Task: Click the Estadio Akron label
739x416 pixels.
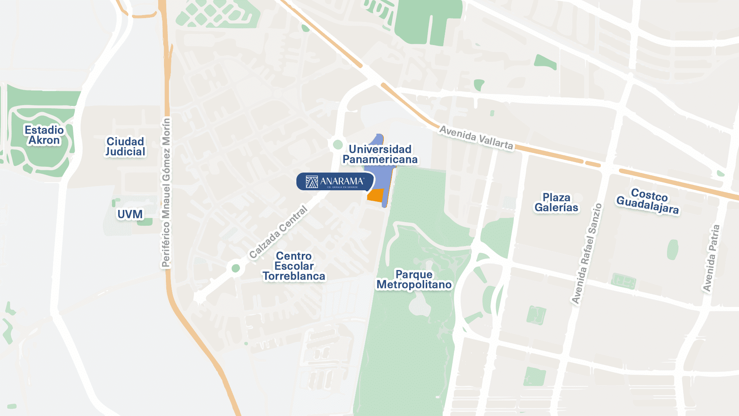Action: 44,135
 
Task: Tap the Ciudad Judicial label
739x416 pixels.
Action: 125,147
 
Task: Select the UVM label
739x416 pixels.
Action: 130,214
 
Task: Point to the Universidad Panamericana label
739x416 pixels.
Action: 380,154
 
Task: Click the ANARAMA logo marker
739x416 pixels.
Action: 334,181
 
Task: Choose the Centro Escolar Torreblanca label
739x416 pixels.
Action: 294,266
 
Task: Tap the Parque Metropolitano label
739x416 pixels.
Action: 414,279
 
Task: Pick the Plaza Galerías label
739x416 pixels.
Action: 556,203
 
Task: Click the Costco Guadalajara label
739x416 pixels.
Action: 648,201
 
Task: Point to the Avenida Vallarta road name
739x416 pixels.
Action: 476,138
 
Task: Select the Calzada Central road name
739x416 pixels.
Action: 278,233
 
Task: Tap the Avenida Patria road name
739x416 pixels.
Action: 711,258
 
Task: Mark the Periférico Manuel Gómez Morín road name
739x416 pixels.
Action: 166,193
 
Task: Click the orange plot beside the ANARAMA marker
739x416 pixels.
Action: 375,195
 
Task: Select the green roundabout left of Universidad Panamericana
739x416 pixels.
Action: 338,144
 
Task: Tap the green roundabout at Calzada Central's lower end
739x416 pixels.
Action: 236,268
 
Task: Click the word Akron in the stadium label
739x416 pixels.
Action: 44,140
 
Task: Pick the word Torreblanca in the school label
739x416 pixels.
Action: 294,276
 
